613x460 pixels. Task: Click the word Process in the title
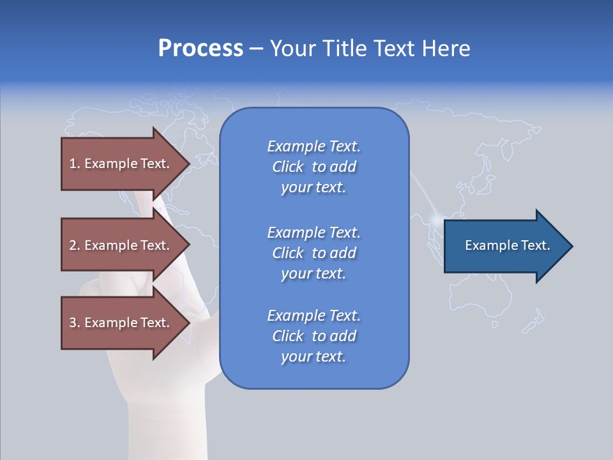coord(201,49)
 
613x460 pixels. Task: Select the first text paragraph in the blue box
coord(314,167)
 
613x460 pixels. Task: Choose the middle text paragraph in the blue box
coord(314,253)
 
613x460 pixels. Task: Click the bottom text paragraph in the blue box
coord(314,336)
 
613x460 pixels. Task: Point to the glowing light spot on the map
coord(437,221)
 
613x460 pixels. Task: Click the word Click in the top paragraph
coord(288,167)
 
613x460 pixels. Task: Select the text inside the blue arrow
coord(507,245)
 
